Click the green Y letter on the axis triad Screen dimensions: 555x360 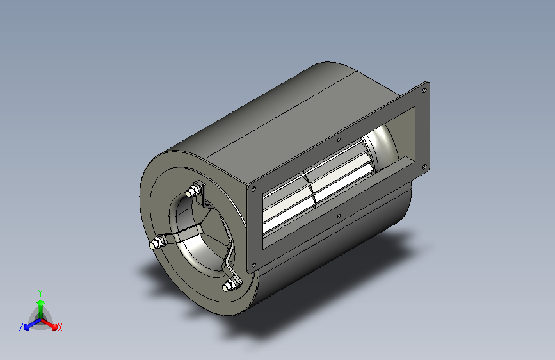tap(40, 293)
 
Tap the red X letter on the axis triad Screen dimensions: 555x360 tap(60, 327)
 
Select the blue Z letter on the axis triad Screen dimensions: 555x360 tap(21, 327)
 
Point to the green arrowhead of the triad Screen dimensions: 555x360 tap(41, 302)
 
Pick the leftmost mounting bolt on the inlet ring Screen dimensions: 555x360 tap(156, 243)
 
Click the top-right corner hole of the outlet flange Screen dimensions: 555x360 tap(424, 90)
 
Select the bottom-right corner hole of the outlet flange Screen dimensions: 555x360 tap(424, 166)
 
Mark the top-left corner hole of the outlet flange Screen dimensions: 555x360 tap(253, 189)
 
